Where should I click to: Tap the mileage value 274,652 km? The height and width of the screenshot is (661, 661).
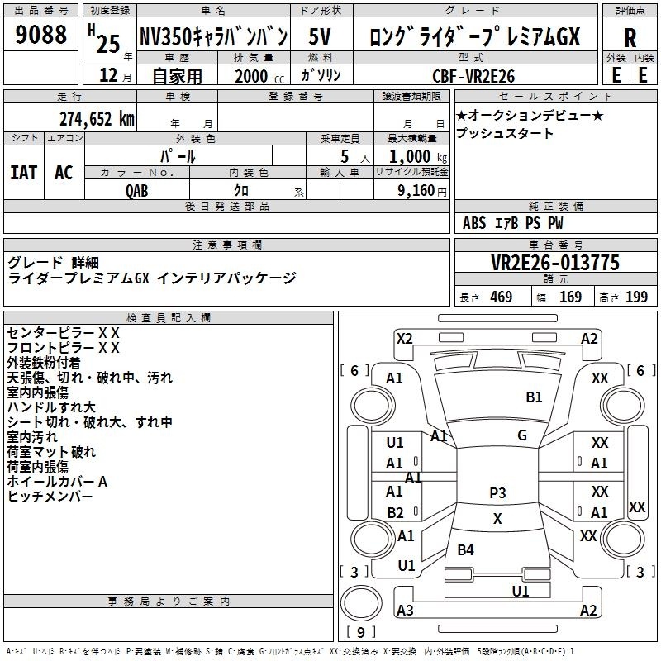[x=96, y=118]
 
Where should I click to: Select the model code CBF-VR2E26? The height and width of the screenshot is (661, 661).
[x=473, y=76]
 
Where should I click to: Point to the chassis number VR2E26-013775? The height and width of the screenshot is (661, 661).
[x=554, y=263]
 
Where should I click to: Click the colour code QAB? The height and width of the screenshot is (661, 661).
[x=138, y=188]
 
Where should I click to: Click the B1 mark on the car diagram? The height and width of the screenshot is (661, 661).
[x=534, y=397]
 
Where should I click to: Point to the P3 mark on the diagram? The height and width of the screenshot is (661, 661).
[x=497, y=492]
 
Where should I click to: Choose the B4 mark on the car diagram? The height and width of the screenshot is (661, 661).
[x=466, y=549]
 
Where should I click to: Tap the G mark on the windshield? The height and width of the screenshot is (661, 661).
[x=521, y=435]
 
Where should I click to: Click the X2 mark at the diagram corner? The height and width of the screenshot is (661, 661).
[x=404, y=338]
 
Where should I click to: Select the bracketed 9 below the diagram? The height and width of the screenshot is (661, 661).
[x=360, y=632]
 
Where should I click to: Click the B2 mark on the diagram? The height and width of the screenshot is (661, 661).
[x=395, y=512]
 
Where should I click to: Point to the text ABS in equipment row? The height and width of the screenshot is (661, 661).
[x=474, y=223]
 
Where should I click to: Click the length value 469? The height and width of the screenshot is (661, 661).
[x=500, y=297]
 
